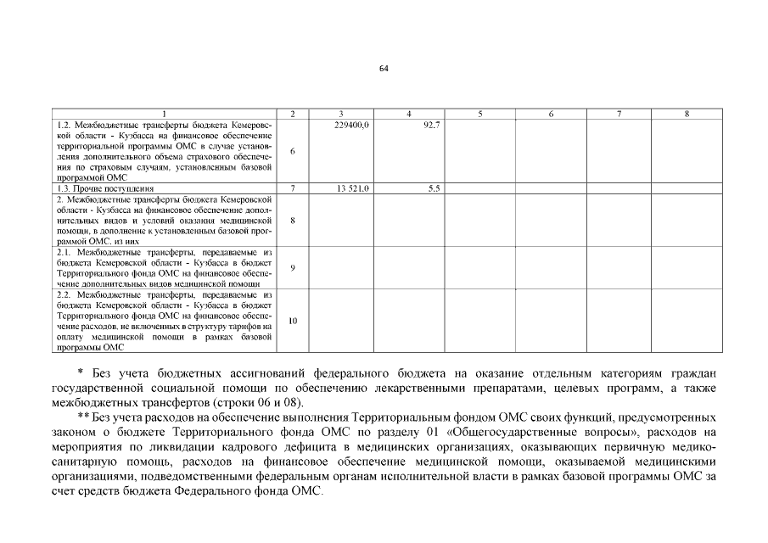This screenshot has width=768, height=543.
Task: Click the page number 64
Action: (384, 70)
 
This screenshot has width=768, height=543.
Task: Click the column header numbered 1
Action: (165, 114)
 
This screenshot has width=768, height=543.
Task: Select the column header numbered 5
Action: (479, 114)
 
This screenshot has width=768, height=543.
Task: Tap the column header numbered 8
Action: (686, 114)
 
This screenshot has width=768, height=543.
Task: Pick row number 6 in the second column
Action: (292, 151)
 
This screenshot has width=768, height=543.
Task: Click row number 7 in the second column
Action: (292, 188)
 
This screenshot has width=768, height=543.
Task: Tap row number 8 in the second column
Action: (292, 220)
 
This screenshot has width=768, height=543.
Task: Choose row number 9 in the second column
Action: (292, 267)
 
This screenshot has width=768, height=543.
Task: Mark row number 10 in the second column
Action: (292, 321)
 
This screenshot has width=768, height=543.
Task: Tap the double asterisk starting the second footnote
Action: (81, 416)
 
